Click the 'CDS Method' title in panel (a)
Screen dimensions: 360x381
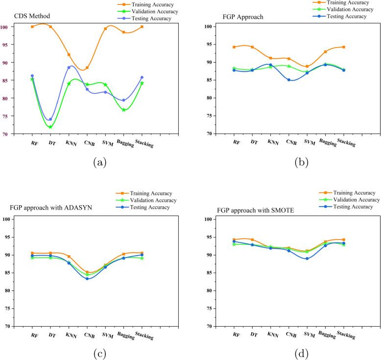coord(28,16)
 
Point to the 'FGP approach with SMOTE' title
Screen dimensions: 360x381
coord(249,211)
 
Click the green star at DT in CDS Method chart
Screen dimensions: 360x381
coord(50,127)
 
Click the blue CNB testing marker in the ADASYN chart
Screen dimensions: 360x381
coord(87,278)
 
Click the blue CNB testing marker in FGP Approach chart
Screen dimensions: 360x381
coord(289,80)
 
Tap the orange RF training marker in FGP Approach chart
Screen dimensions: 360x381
coord(234,47)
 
